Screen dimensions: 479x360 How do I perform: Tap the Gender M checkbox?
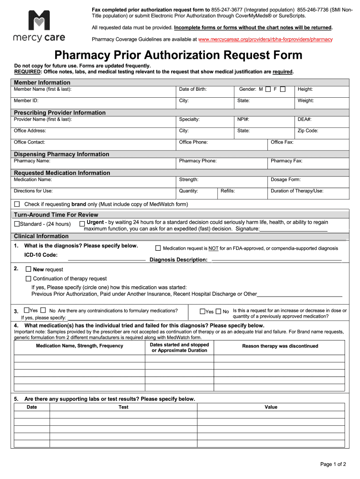click(x=268, y=89)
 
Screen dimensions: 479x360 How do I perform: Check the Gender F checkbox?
click(x=283, y=89)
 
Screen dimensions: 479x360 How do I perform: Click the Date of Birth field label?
click(x=193, y=89)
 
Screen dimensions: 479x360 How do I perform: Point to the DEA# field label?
click(x=304, y=119)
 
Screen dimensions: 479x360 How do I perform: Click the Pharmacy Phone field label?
click(x=198, y=161)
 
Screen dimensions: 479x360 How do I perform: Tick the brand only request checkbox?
click(x=17, y=204)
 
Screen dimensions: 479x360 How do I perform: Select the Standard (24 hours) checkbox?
click(x=17, y=224)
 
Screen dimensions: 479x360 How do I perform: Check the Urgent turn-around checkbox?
click(x=82, y=224)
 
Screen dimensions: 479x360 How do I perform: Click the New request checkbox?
click(x=28, y=269)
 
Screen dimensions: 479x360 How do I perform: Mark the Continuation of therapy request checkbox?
click(x=28, y=279)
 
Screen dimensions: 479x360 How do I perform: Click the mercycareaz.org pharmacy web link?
click(x=265, y=39)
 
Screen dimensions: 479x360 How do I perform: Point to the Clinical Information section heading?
click(x=41, y=236)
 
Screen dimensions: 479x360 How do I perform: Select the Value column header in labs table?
click(x=271, y=407)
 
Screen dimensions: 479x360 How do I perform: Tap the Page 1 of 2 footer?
click(x=333, y=464)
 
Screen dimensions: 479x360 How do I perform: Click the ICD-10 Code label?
click(x=41, y=255)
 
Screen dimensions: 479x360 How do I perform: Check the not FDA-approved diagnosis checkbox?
click(x=158, y=248)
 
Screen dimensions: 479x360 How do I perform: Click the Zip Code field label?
click(x=308, y=131)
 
